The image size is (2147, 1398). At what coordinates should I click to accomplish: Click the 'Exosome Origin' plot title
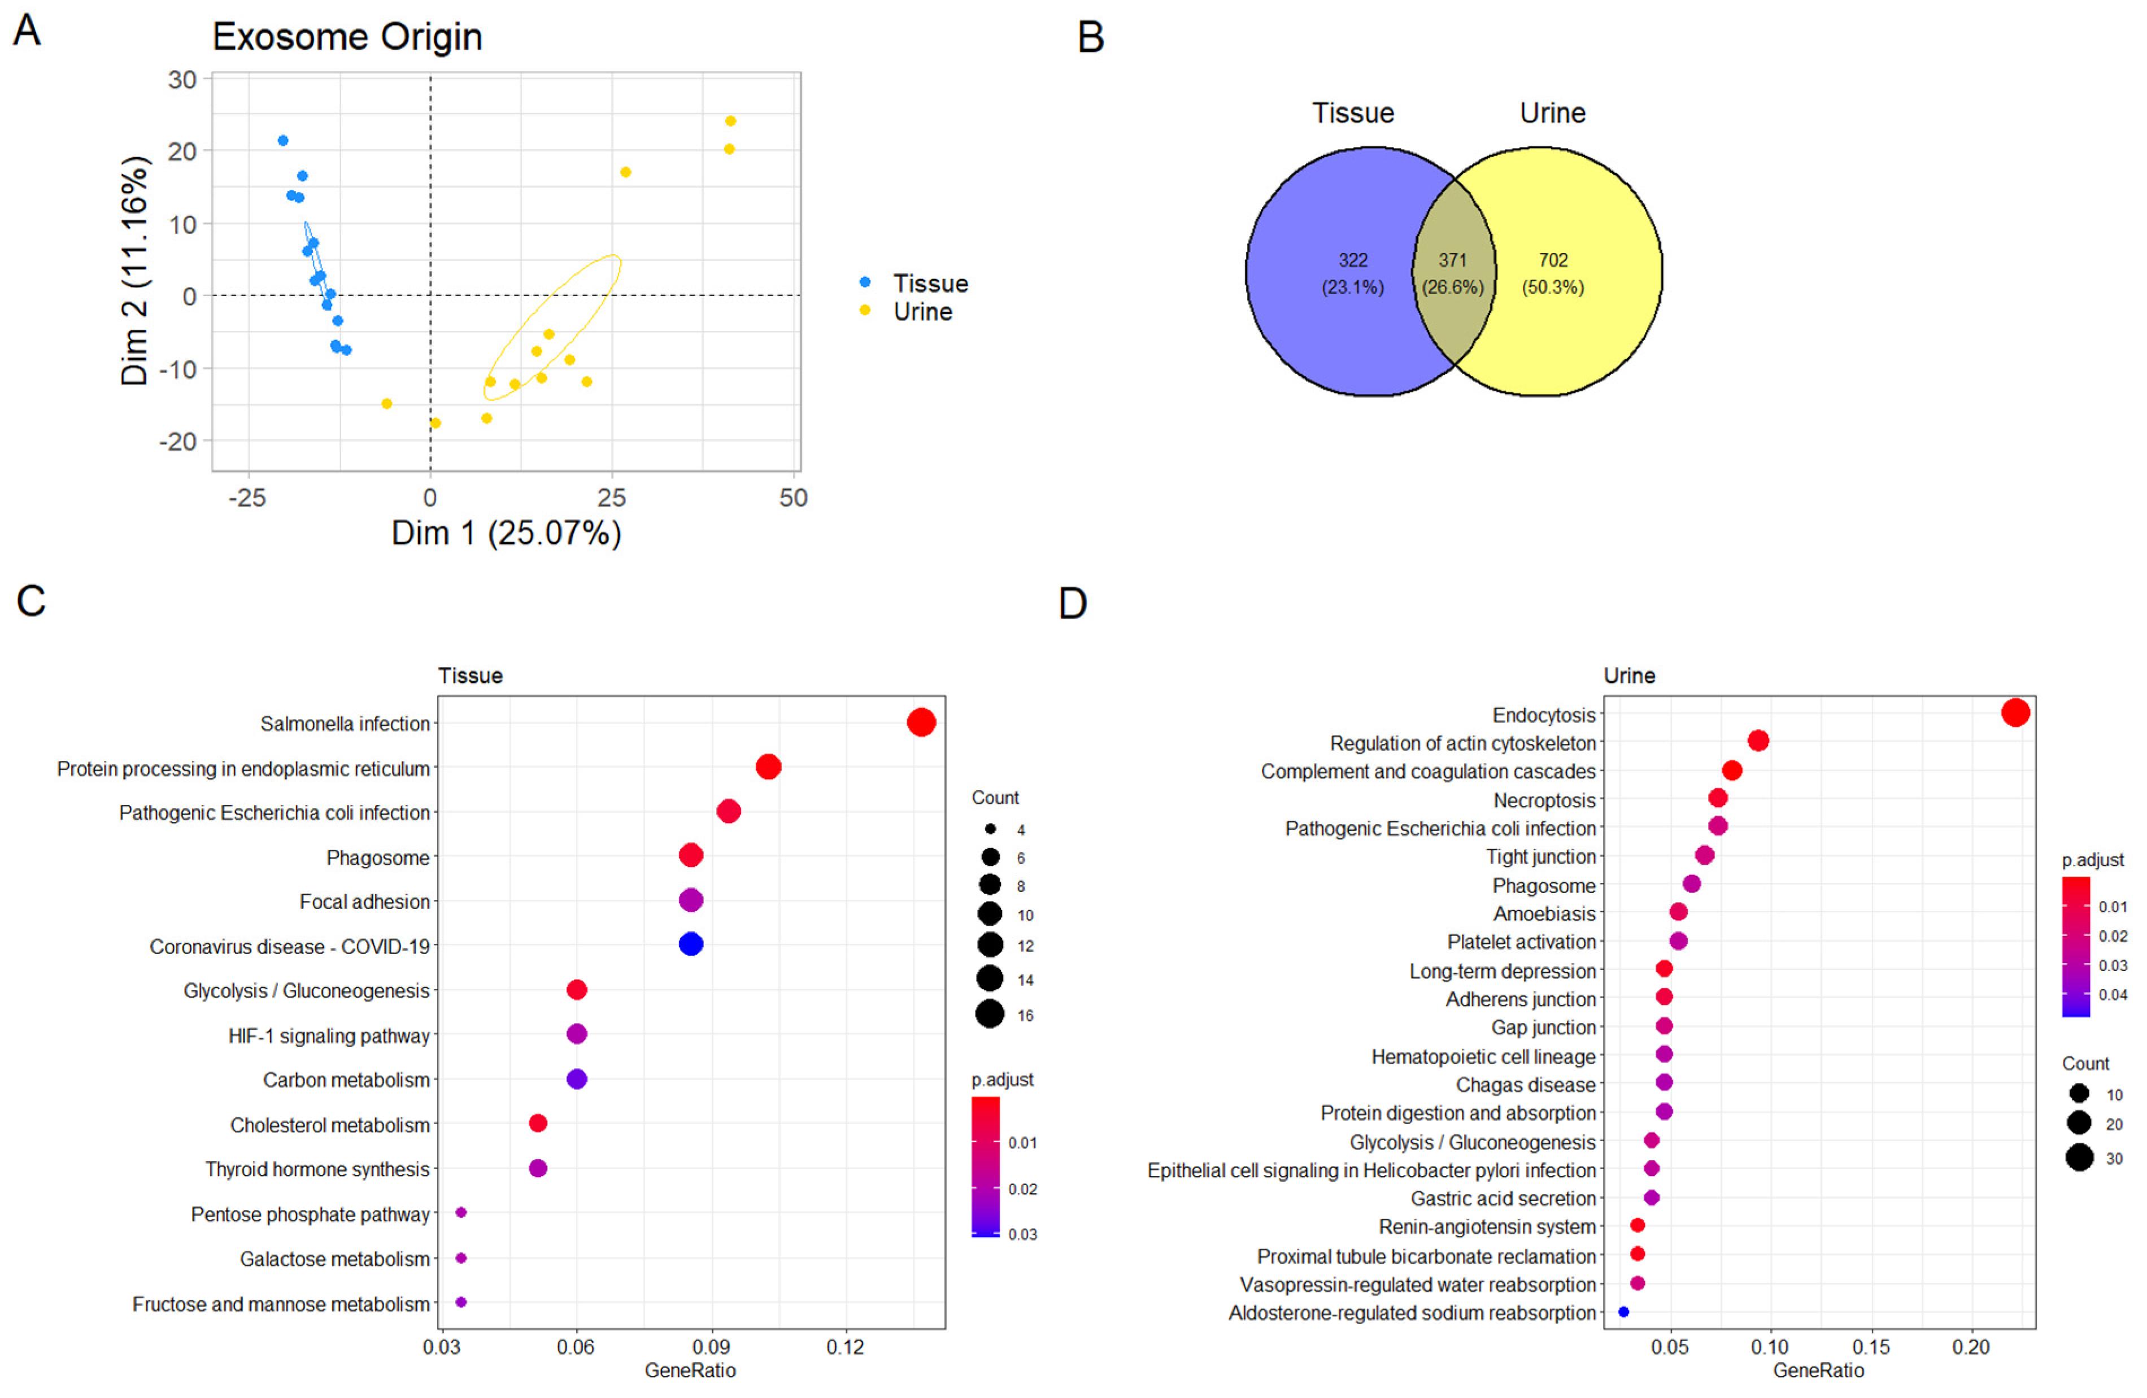tap(347, 37)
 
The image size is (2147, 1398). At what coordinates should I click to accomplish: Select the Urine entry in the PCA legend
tap(922, 312)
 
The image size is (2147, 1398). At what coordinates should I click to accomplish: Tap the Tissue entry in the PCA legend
tap(929, 284)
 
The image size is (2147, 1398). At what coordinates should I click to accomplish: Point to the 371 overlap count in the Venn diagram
tap(1452, 260)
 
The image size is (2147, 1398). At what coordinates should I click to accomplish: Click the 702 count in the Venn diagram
tap(1553, 260)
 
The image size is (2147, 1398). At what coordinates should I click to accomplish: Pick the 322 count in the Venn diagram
tap(1352, 260)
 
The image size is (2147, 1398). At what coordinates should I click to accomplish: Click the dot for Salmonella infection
tap(921, 722)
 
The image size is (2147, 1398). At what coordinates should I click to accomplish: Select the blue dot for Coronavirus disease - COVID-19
tap(691, 944)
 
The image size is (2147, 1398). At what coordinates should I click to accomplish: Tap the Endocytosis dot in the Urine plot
tap(2015, 712)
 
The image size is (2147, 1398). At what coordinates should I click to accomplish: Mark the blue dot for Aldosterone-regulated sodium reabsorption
tap(1624, 1312)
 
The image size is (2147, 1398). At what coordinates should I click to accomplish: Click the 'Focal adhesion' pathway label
tap(364, 902)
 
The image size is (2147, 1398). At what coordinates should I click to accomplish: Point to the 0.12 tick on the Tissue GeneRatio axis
tap(845, 1348)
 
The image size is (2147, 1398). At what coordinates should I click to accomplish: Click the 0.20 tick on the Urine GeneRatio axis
tap(1971, 1348)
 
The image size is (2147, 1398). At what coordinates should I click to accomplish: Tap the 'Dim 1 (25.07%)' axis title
tap(506, 533)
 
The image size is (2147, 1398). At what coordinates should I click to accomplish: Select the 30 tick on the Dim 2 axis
tap(182, 80)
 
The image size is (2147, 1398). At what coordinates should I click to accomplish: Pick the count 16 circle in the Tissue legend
tap(990, 1014)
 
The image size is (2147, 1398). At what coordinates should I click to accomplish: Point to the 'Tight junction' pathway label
tap(1541, 857)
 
